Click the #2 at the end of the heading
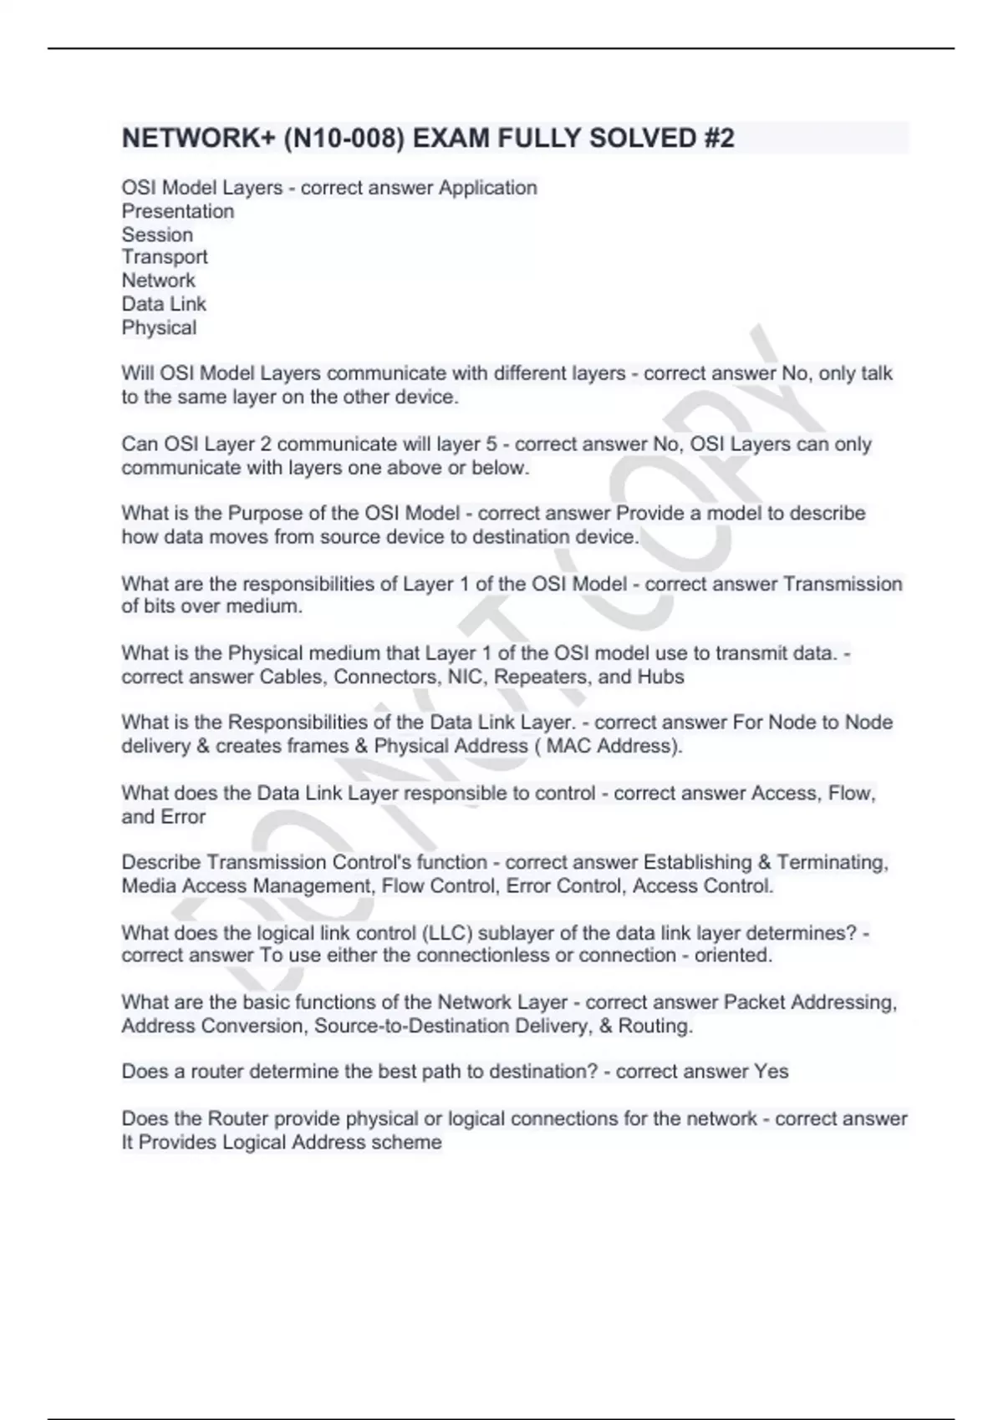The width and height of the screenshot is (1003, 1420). [718, 138]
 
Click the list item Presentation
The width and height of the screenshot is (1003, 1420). [178, 211]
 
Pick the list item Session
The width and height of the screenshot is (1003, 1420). [157, 235]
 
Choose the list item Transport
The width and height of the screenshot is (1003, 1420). [165, 257]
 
